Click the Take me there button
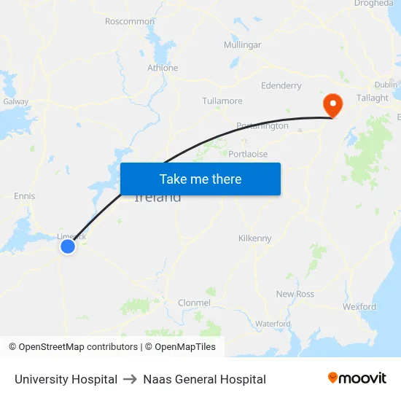200,179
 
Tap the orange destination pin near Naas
332,104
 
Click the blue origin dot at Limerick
68,246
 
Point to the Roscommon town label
130,21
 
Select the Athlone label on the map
163,68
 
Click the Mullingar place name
242,44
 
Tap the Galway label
15,102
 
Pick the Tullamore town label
222,101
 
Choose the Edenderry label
281,85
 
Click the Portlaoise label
248,154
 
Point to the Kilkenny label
254,238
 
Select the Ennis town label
24,196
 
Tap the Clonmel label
194,303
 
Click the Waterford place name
273,324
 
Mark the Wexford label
359,307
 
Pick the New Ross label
295,294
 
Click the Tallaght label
373,98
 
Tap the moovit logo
357,378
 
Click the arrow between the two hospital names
131,379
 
